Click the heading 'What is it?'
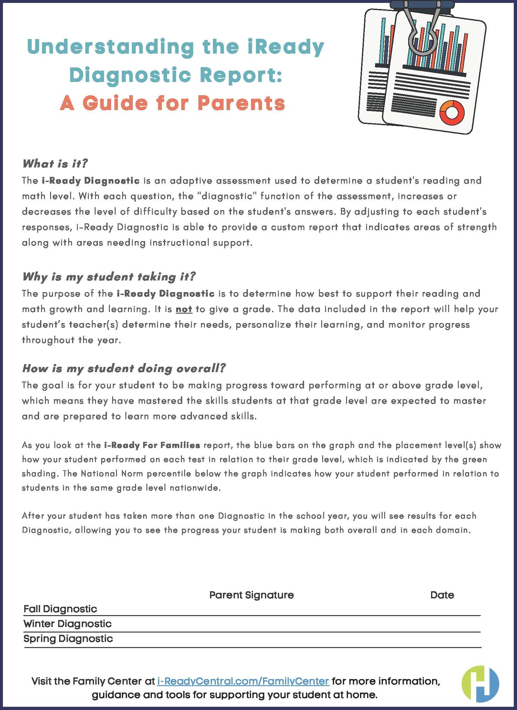tap(55, 164)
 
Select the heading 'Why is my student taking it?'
tap(109, 277)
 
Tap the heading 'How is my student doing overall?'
tap(123, 369)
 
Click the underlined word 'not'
tap(184, 309)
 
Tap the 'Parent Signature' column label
tap(251, 595)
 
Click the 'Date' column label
tap(442, 595)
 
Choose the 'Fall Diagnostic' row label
tap(60, 609)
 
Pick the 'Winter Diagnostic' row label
tap(67, 624)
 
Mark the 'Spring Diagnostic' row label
tap(68, 639)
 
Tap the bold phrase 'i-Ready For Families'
tap(152, 446)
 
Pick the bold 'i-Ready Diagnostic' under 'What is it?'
tap(90, 181)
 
